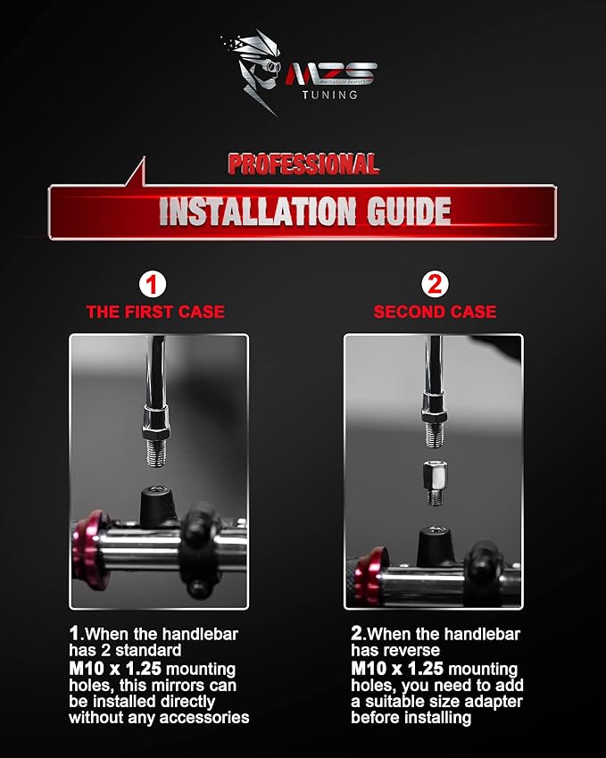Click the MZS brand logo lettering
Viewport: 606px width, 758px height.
point(331,73)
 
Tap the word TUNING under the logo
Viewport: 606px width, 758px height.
point(330,95)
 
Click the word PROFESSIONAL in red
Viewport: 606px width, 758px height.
point(303,164)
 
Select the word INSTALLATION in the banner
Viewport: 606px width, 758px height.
point(257,212)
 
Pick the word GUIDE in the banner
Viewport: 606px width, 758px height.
point(409,212)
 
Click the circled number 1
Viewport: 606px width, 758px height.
point(153,285)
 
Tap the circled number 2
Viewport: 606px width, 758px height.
point(435,284)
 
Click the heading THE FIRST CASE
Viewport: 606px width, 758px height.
point(155,312)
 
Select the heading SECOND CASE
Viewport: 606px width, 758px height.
point(435,312)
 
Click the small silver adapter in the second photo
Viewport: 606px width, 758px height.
point(435,482)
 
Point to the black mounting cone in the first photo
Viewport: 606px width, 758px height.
point(158,507)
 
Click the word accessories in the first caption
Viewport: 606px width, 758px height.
point(203,718)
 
